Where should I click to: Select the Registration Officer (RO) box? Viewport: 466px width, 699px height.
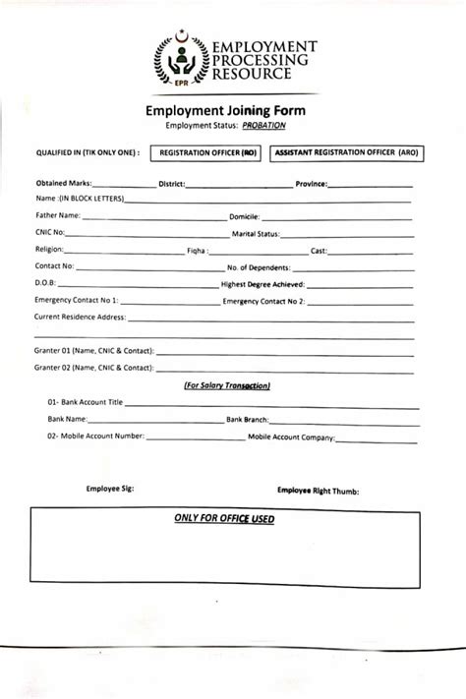pyautogui.click(x=210, y=154)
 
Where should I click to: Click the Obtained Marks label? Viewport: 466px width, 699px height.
pyautogui.click(x=64, y=184)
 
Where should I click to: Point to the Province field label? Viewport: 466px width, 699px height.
pyautogui.click(x=313, y=184)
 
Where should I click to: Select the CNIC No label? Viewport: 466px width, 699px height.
pyautogui.click(x=50, y=233)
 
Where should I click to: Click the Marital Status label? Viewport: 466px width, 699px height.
pyautogui.click(x=256, y=234)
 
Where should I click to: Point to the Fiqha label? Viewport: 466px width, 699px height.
pyautogui.click(x=197, y=251)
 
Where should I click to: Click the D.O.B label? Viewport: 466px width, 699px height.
pyautogui.click(x=46, y=283)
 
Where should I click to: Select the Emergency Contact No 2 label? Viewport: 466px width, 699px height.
pyautogui.click(x=264, y=300)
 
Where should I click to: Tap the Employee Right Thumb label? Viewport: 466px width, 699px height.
pyautogui.click(x=318, y=489)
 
